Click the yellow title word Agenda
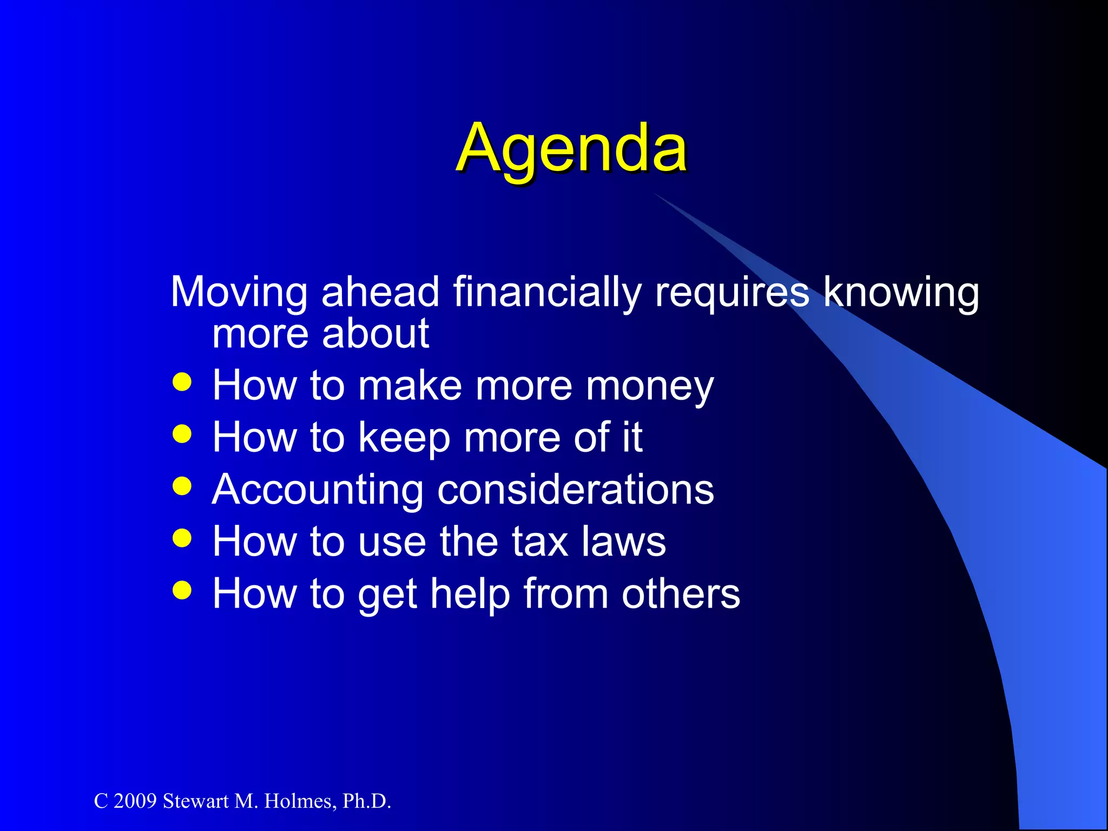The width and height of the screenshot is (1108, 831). pyautogui.click(x=571, y=148)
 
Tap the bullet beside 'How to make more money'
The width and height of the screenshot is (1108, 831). pyautogui.click(x=182, y=382)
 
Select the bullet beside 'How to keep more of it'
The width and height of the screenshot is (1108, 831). pyautogui.click(x=182, y=434)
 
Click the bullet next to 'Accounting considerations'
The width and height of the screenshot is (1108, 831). pyautogui.click(x=182, y=486)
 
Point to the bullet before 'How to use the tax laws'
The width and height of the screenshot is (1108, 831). pyautogui.click(x=182, y=538)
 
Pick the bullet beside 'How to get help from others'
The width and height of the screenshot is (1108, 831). pyautogui.click(x=182, y=590)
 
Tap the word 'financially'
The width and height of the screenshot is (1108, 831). pyautogui.click(x=547, y=293)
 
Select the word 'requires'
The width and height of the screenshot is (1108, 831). pyautogui.click(x=732, y=293)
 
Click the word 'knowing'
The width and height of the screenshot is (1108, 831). pyautogui.click(x=901, y=293)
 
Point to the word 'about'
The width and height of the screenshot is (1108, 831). pyautogui.click(x=375, y=334)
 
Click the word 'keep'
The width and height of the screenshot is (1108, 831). pyautogui.click(x=404, y=438)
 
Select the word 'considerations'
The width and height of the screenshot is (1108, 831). pyautogui.click(x=576, y=490)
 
